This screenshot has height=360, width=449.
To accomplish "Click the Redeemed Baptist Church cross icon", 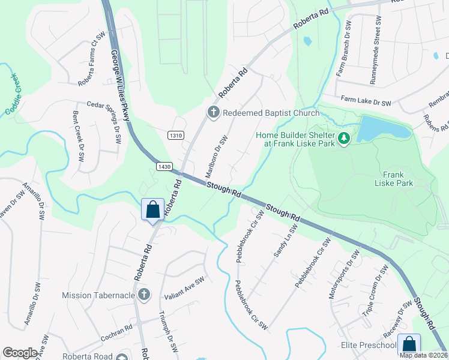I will (212, 112).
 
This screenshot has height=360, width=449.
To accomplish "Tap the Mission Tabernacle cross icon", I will (143, 295).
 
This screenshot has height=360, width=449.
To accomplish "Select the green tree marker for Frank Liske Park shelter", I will (344, 139).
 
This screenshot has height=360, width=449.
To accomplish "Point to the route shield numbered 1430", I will (166, 165).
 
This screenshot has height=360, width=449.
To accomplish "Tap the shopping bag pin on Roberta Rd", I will (153, 210).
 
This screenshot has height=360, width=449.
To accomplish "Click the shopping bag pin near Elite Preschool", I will (409, 344).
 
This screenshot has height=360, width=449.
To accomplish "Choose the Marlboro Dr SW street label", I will (217, 155).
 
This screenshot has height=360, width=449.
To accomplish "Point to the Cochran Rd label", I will (115, 331).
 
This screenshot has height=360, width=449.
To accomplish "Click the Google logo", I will (20, 353).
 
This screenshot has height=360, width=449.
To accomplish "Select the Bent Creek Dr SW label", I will (78, 137).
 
